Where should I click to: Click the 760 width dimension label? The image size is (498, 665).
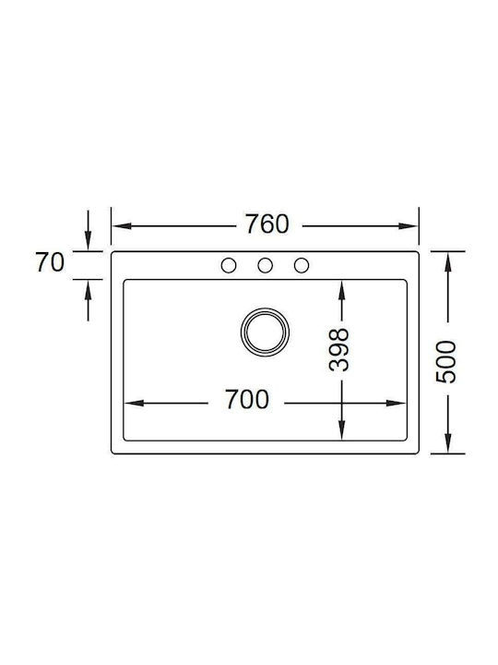pyautogui.click(x=267, y=224)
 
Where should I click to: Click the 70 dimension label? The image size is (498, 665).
pyautogui.click(x=50, y=262)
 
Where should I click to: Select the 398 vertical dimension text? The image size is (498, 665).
pyautogui.click(x=338, y=350)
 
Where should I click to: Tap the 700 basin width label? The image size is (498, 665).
pyautogui.click(x=247, y=400)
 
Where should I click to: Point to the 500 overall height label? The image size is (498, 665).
pyautogui.click(x=446, y=362)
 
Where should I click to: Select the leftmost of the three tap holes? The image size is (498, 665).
pyautogui.click(x=229, y=265)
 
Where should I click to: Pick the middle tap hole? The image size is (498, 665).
pyautogui.click(x=265, y=265)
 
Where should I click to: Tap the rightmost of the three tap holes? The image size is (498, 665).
pyautogui.click(x=302, y=265)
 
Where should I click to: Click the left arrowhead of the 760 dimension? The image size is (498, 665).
pyautogui.click(x=122, y=226)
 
